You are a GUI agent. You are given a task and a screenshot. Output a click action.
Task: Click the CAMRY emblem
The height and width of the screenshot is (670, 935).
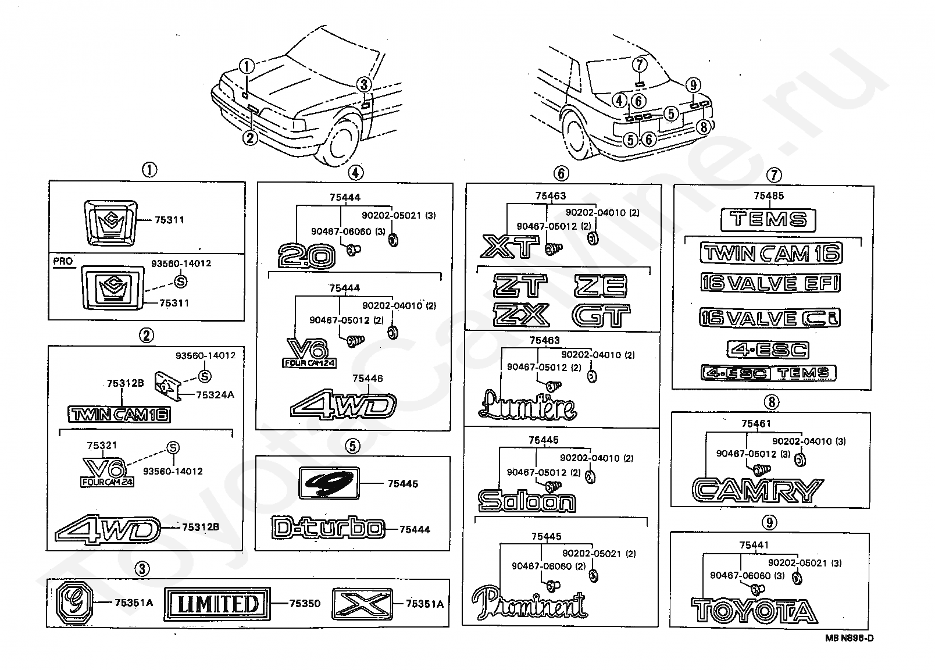(x=758, y=490)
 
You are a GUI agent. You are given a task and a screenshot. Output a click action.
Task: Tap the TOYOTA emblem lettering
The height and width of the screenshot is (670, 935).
(x=754, y=610)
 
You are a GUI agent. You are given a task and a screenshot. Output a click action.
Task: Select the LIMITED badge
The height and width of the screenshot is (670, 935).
(x=217, y=604)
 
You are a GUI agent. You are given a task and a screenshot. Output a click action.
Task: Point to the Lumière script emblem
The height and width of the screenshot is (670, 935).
(x=527, y=405)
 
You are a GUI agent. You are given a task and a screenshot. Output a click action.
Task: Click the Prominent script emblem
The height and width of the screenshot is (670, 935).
(x=530, y=603)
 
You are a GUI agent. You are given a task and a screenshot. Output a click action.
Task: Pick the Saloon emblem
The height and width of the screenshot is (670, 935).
(x=527, y=501)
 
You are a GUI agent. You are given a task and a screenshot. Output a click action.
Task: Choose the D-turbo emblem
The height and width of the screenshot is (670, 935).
(x=328, y=528)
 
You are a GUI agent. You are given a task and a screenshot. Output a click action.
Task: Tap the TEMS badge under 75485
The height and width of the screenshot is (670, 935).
(x=768, y=220)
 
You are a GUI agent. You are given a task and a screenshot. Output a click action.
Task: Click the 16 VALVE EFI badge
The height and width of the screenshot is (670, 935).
(x=770, y=283)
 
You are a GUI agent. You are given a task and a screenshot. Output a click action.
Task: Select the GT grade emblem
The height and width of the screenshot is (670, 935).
(x=601, y=316)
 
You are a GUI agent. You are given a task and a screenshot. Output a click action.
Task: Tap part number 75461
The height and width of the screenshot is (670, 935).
(x=756, y=423)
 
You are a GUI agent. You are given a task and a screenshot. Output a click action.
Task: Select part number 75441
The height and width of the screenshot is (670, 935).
(x=754, y=545)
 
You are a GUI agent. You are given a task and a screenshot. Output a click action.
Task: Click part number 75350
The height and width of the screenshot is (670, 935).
(x=305, y=603)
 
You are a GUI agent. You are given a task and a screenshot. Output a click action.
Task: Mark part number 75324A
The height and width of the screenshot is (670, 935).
(x=215, y=394)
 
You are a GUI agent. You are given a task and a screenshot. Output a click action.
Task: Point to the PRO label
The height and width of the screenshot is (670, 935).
(x=63, y=261)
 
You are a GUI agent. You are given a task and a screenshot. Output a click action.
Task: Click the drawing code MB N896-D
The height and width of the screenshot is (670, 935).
(x=850, y=638)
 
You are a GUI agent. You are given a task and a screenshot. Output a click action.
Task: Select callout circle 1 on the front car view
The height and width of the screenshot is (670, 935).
(x=247, y=66)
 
